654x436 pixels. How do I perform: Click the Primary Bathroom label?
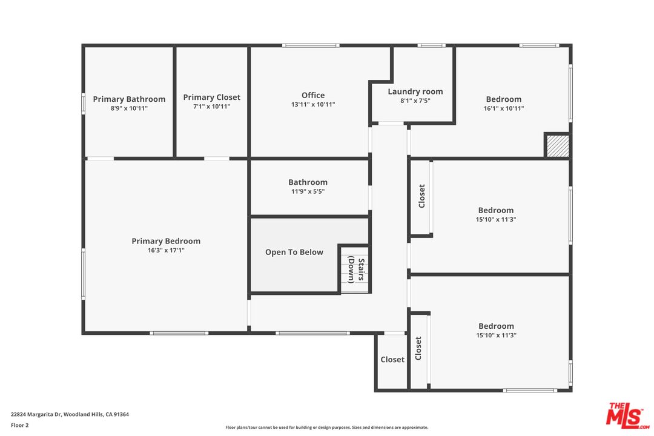tap(129, 99)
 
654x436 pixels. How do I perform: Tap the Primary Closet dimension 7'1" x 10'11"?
tap(211, 107)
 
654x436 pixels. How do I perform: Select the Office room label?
tap(313, 95)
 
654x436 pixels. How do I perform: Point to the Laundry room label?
tap(415, 91)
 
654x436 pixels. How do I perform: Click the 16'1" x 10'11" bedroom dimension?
tap(503, 108)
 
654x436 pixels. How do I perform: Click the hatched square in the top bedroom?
tap(558, 145)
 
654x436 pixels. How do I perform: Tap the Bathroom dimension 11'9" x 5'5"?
tap(308, 191)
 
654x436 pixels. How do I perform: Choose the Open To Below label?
tap(294, 252)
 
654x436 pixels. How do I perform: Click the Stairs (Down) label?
tap(356, 269)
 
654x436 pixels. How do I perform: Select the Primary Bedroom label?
tap(166, 241)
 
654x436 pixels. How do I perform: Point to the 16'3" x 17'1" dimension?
tap(166, 250)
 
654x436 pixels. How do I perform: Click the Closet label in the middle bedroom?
tap(421, 196)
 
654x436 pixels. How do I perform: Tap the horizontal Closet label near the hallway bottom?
tap(392, 359)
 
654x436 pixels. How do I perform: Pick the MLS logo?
tap(628, 416)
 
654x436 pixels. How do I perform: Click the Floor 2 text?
tap(19, 425)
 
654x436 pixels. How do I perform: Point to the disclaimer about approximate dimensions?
tap(326, 428)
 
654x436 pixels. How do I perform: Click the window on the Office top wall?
tap(311, 45)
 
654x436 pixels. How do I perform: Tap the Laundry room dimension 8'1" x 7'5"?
tap(415, 101)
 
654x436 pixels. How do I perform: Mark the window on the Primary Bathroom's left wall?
tap(84, 104)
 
